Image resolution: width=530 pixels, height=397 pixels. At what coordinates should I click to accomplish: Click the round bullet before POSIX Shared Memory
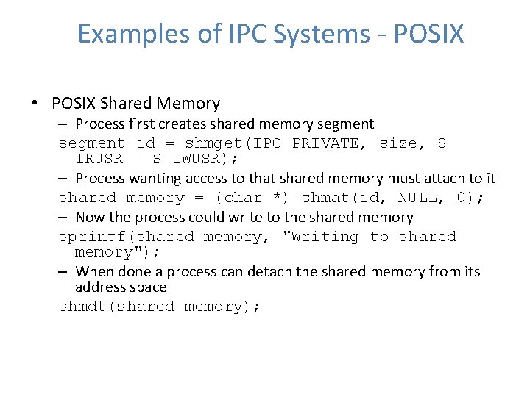[x=35, y=104]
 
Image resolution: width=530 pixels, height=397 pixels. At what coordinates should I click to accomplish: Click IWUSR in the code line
[x=199, y=159]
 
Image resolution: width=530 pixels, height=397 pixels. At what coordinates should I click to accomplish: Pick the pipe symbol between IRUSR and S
[x=138, y=159]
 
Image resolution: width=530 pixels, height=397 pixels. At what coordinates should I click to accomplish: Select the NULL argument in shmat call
[x=417, y=198]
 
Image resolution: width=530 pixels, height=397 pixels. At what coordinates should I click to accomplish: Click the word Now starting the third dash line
[x=91, y=218]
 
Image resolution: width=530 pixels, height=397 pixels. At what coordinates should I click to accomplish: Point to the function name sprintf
[x=94, y=237]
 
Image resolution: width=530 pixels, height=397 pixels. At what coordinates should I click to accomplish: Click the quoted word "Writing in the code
[x=320, y=237]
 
